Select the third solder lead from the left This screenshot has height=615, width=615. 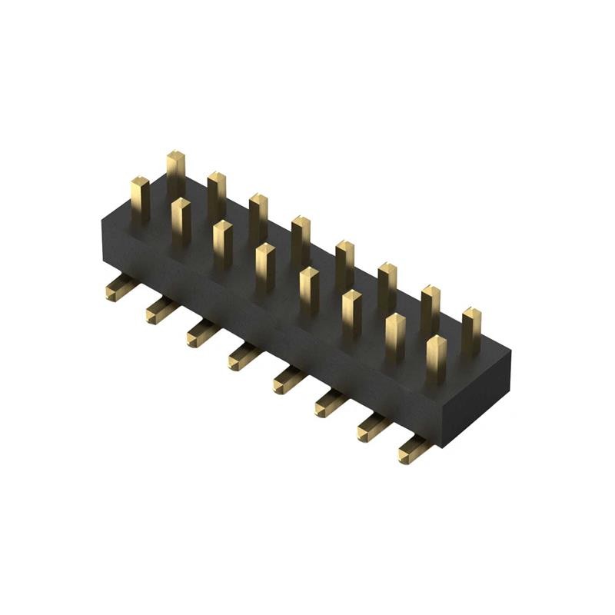201,333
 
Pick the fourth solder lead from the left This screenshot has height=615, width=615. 242,356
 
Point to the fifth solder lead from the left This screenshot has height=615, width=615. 287,380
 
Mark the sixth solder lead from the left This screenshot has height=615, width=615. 328,403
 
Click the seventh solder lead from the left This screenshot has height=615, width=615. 371,427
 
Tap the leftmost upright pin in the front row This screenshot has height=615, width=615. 139,198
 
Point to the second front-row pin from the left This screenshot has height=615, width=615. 181,221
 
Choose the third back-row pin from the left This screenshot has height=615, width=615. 258,217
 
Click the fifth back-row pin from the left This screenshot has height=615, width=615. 344,263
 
